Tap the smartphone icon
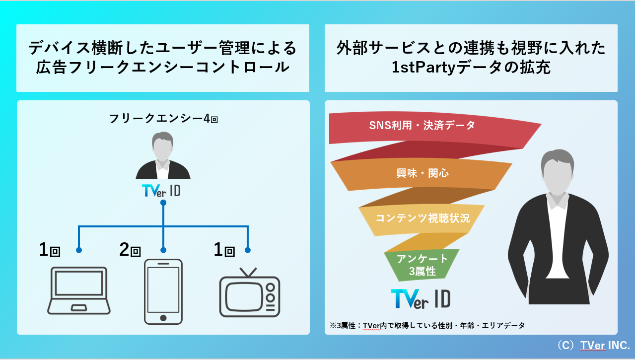click(163, 291)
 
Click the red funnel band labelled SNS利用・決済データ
click(423, 125)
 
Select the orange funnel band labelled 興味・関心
click(416, 173)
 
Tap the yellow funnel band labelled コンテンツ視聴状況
click(423, 218)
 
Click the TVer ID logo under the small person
click(161, 191)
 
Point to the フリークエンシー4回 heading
click(163, 119)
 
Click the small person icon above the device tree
click(163, 156)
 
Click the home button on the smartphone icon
click(163, 317)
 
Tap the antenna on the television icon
click(249, 272)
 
